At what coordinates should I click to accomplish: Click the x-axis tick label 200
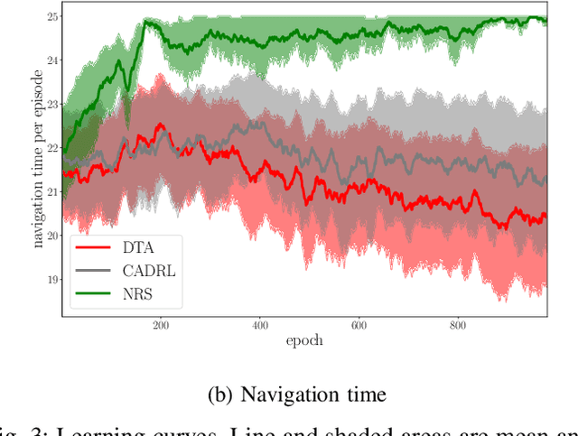161,326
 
